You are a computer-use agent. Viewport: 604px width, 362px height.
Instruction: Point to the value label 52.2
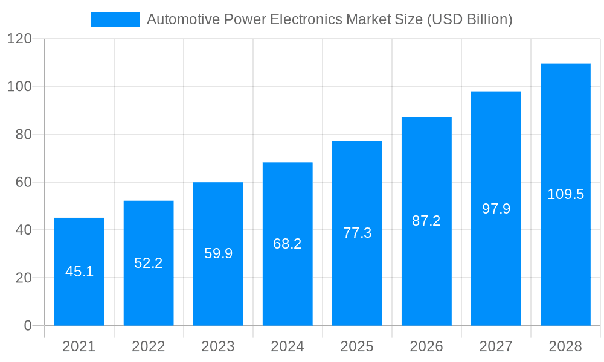click(149, 263)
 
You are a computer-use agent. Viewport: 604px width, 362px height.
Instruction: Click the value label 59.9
click(218, 253)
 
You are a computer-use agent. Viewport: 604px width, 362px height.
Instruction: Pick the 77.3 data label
click(357, 233)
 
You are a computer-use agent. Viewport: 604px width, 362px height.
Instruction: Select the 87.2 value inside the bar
click(426, 221)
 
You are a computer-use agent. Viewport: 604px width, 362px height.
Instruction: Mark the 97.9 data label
click(496, 209)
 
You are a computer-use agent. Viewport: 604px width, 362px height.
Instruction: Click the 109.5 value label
click(565, 194)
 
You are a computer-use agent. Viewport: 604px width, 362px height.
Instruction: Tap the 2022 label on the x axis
click(149, 347)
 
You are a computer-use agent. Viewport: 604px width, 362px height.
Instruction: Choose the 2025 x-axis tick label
click(357, 347)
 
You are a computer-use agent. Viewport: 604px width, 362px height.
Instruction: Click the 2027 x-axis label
click(496, 347)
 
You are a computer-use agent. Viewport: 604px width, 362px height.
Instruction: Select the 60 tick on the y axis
click(24, 182)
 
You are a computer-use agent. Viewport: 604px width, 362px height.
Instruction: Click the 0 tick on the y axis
click(28, 326)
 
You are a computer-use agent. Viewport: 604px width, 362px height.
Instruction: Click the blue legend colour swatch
click(115, 19)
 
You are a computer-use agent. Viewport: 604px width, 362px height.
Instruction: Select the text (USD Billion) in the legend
click(470, 19)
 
